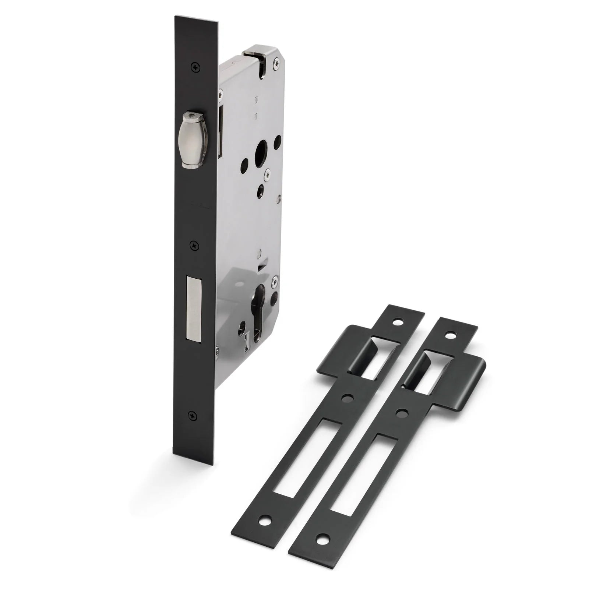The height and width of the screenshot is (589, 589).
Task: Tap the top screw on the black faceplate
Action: [x=194, y=67]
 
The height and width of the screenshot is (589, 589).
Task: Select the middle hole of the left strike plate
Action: [x=346, y=398]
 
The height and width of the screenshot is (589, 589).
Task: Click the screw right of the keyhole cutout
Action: [x=274, y=282]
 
